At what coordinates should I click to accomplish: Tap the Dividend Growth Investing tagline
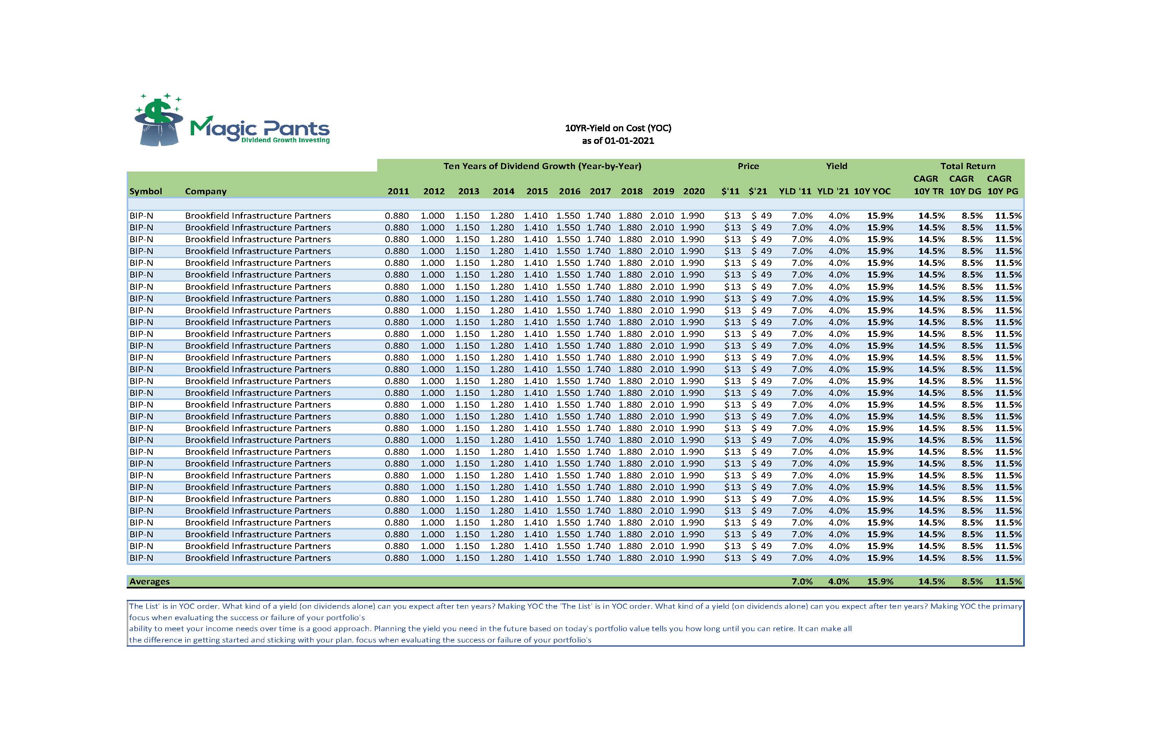click(x=285, y=140)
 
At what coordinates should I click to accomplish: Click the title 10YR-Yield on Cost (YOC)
click(x=618, y=128)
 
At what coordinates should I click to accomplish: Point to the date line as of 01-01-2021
click(x=618, y=141)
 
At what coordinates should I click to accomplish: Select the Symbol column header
click(x=145, y=191)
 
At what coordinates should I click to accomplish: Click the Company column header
click(x=206, y=191)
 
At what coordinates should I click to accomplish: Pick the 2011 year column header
click(x=398, y=191)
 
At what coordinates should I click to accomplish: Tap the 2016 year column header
click(x=570, y=191)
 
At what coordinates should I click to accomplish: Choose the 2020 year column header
click(x=693, y=191)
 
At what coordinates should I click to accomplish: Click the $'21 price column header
click(x=758, y=191)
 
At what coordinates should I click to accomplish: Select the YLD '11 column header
click(x=795, y=191)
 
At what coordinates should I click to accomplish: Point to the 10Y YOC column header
click(x=873, y=191)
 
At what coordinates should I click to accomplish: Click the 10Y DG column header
click(x=966, y=191)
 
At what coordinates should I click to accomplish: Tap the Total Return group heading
click(x=968, y=166)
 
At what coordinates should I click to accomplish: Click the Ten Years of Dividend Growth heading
click(x=542, y=166)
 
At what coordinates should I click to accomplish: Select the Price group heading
click(x=748, y=166)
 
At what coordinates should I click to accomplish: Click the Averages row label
click(x=150, y=581)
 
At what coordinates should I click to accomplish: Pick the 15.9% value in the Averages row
click(x=880, y=581)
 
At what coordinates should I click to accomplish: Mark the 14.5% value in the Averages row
click(x=931, y=581)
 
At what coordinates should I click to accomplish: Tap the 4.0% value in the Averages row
click(x=839, y=581)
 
